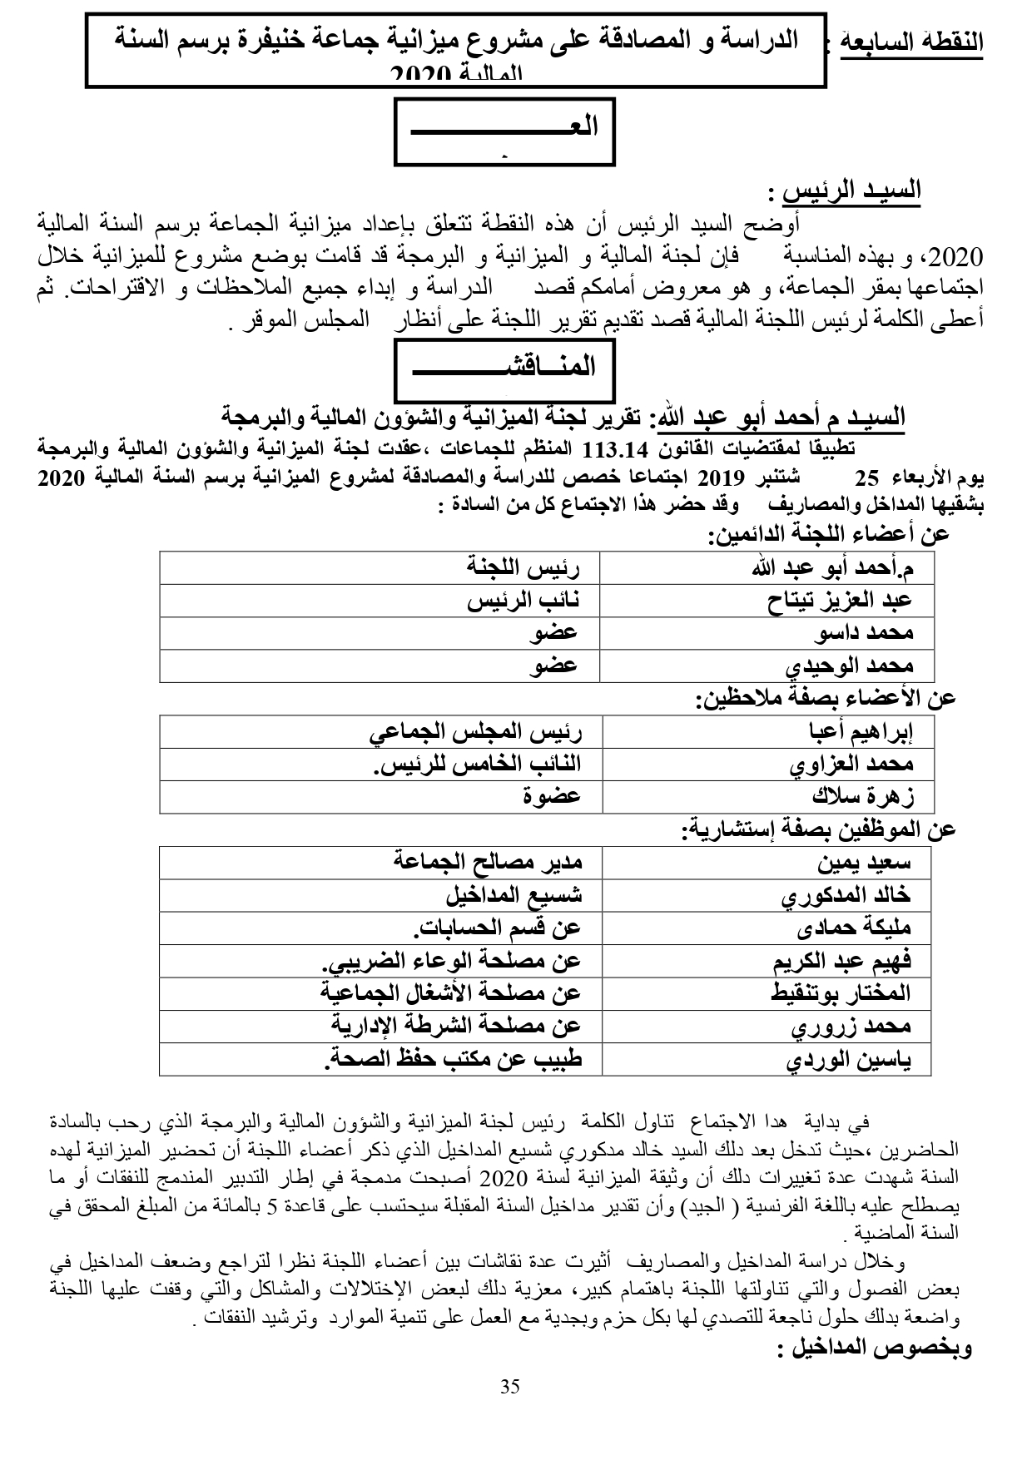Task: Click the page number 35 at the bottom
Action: [x=510, y=1386]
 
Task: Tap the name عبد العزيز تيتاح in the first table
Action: [x=841, y=601]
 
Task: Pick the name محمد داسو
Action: [x=866, y=633]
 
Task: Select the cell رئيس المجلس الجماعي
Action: [x=474, y=731]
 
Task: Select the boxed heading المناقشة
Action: [x=504, y=366]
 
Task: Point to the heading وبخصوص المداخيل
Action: [x=874, y=1349]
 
